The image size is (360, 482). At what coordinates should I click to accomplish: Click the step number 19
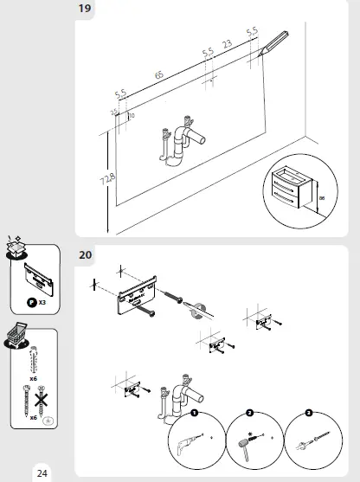pos(87,9)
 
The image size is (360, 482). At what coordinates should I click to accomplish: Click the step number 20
pos(87,254)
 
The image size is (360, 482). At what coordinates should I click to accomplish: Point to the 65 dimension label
pos(159,76)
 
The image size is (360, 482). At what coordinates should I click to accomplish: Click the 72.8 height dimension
pos(106,182)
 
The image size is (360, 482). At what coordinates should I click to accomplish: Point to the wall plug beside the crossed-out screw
pos(34,360)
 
